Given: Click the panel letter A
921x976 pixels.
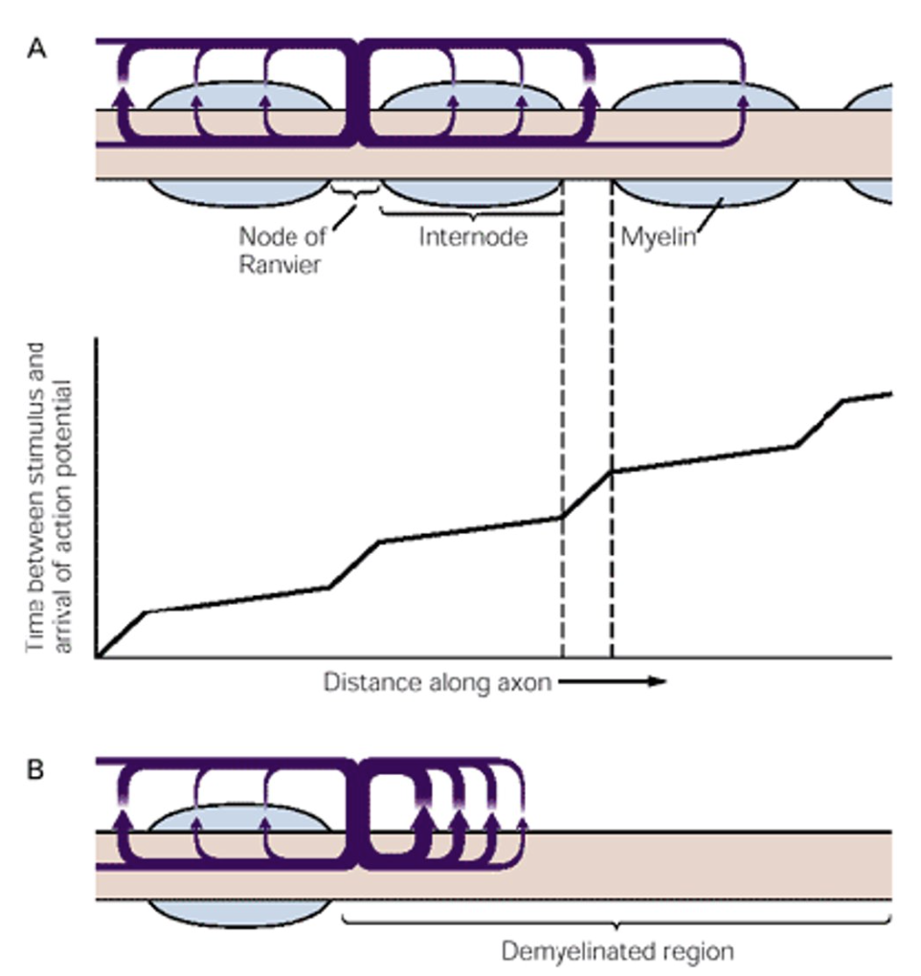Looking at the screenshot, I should [x=35, y=51].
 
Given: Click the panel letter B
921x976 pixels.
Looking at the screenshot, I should [x=35, y=770].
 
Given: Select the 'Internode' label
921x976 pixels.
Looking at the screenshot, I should [x=472, y=236].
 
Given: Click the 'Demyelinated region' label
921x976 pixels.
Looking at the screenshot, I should [x=618, y=952].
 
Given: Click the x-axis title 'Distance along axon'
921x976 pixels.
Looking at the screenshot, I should [x=436, y=682].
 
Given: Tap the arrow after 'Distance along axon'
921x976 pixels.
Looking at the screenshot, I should [x=613, y=682].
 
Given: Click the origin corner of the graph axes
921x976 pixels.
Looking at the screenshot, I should [x=97, y=658].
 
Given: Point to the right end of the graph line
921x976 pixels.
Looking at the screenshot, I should [x=890, y=392].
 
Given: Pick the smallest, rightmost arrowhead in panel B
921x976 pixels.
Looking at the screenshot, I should [x=522, y=821].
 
